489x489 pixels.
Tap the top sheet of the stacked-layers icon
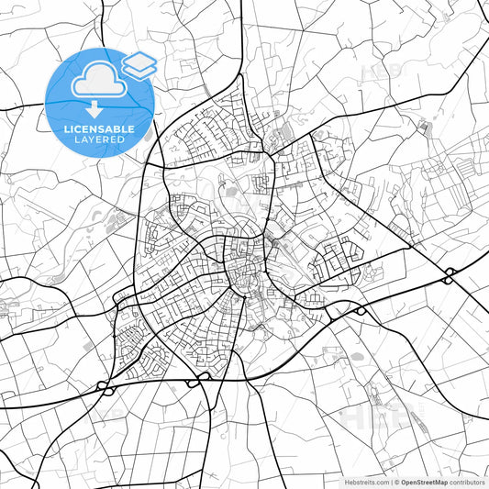pyautogui.click(x=139, y=61)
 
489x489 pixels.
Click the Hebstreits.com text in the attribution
pyautogui.click(x=365, y=481)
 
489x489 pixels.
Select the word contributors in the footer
pyautogui.click(x=467, y=481)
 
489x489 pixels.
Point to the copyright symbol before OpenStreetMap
pyautogui.click(x=396, y=481)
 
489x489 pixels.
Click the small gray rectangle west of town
pyautogui.click(x=87, y=345)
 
